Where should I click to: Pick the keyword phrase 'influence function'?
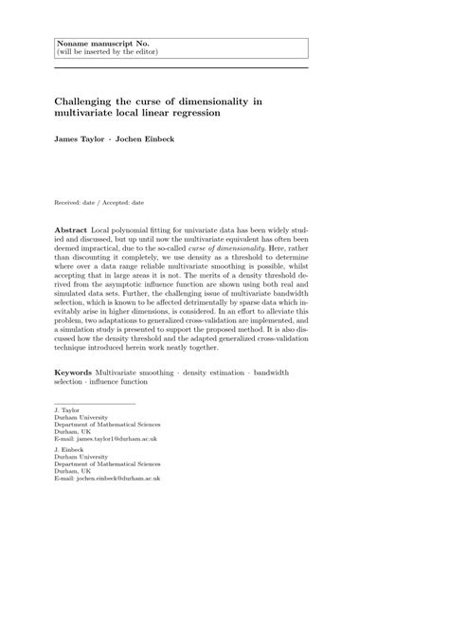click(x=130, y=384)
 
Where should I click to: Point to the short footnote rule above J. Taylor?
click(x=94, y=403)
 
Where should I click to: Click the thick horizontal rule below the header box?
click(x=181, y=67)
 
